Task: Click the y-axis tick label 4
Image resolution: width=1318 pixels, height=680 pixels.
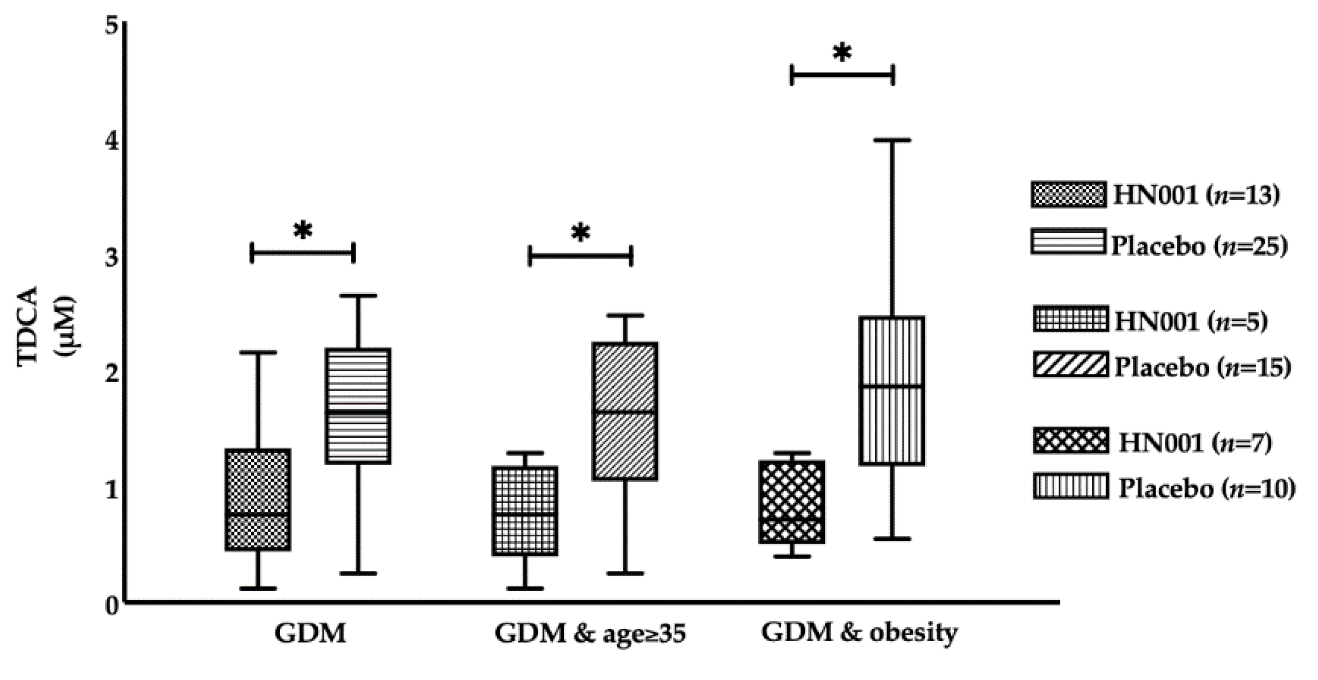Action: [x=112, y=141]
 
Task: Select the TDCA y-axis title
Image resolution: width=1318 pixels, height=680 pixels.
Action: [x=28, y=326]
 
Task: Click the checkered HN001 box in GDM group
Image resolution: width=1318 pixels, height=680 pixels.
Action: [x=258, y=499]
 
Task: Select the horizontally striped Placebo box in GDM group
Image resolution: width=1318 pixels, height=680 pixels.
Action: [x=357, y=406]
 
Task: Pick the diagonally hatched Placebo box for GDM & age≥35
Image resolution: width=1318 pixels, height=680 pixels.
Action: [x=625, y=411]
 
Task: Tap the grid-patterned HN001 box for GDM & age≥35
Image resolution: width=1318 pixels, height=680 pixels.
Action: [x=525, y=510]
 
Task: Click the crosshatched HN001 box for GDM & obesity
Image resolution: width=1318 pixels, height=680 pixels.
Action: [x=791, y=501]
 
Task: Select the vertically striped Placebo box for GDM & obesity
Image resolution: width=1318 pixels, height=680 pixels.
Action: [x=892, y=390]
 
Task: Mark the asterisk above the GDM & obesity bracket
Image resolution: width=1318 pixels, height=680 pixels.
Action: [x=842, y=53]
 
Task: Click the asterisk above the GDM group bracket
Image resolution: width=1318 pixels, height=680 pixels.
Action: [x=302, y=231]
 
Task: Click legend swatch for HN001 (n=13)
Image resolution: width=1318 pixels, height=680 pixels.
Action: [x=1068, y=195]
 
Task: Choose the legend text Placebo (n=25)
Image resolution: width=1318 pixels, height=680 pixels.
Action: [x=1199, y=245]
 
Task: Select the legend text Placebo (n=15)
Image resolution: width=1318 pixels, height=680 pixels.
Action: [x=1202, y=367]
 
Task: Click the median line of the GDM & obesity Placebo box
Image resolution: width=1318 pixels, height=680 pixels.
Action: [x=892, y=386]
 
